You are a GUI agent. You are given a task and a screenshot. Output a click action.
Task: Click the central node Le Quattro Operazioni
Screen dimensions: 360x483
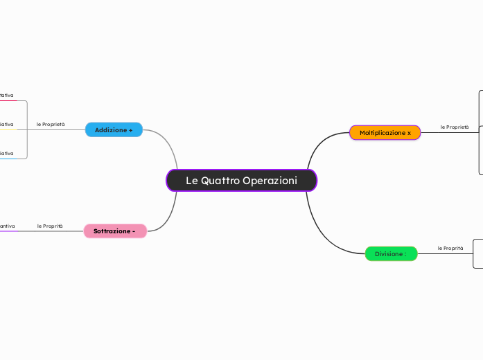coord(241,181)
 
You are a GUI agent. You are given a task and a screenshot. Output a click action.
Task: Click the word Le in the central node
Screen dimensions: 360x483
coord(192,181)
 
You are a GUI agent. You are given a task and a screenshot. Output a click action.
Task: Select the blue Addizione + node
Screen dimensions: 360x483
coord(114,130)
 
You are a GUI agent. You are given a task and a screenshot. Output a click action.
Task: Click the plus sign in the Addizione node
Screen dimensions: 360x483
coord(130,130)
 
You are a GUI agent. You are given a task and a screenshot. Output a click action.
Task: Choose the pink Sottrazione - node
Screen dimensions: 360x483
coord(114,231)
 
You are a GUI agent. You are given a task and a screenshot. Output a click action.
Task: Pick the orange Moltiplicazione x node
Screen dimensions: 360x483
coord(385,132)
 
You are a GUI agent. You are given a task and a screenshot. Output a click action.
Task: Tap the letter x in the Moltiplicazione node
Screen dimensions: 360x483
coord(409,132)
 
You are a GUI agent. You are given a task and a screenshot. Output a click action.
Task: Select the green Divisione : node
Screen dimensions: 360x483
coord(391,254)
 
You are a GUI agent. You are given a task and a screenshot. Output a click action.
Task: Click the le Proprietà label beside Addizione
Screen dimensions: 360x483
coord(51,125)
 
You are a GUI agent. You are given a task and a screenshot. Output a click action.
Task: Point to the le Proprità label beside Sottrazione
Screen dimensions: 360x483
coord(50,226)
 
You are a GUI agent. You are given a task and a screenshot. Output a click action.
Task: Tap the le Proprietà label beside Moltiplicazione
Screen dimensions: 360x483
coord(455,127)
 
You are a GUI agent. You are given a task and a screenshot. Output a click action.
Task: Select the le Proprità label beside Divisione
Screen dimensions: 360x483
coord(450,248)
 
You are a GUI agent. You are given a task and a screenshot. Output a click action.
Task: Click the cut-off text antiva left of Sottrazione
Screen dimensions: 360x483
coord(7,226)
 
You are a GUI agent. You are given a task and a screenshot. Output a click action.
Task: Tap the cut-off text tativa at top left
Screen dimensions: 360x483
coord(7,95)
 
